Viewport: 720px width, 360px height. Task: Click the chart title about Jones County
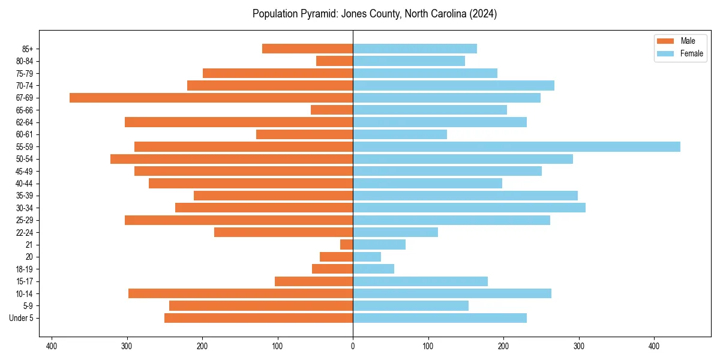click(374, 14)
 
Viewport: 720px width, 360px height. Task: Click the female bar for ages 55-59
click(517, 146)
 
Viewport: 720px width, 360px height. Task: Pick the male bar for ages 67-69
click(211, 98)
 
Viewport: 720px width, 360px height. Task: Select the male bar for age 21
click(347, 244)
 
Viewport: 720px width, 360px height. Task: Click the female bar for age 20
click(367, 257)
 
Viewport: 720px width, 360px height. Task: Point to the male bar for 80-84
click(335, 61)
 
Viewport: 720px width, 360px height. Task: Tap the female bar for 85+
click(415, 49)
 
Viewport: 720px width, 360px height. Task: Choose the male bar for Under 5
click(259, 318)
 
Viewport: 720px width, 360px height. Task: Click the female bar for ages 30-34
click(469, 208)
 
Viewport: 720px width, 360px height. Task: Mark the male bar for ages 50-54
click(232, 159)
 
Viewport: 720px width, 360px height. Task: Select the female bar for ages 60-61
click(400, 134)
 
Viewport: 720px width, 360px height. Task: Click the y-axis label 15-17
click(24, 281)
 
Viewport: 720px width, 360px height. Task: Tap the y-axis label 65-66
click(24, 110)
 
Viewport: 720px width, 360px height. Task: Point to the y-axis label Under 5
click(22, 318)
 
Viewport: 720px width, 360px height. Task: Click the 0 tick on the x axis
click(353, 346)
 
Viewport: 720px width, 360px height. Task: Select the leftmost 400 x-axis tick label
click(52, 346)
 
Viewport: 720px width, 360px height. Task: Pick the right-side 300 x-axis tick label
click(578, 346)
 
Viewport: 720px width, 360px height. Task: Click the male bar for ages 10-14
click(241, 293)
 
